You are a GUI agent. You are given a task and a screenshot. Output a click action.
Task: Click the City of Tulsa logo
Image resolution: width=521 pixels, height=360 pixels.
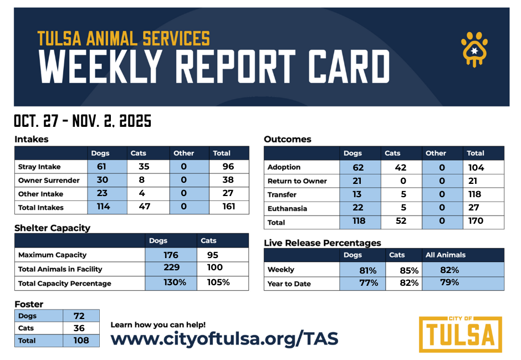pos(460,334)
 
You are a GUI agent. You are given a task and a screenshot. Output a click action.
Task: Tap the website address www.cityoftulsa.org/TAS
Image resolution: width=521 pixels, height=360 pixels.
pos(224,338)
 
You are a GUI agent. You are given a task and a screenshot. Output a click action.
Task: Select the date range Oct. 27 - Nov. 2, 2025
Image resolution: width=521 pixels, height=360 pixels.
pos(83,121)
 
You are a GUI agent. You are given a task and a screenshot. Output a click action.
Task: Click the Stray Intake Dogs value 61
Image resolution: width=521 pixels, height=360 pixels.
pos(101,166)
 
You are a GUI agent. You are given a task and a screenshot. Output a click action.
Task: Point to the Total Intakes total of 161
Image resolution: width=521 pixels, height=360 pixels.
pos(229,207)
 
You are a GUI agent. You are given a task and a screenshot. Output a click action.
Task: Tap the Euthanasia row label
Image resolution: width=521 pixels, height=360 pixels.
pos(287,209)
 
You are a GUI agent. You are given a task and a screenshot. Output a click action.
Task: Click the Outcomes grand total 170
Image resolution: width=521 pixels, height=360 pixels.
pos(476,221)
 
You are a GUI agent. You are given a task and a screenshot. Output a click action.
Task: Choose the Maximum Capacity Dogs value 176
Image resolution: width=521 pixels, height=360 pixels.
pos(171,255)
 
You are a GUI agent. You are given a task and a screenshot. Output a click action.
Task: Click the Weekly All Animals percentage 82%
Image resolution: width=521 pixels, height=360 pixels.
pos(450,270)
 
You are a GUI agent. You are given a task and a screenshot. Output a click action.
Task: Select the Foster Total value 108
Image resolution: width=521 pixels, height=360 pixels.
pos(81,340)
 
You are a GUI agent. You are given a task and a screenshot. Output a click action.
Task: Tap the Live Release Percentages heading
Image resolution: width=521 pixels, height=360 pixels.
pos(322,243)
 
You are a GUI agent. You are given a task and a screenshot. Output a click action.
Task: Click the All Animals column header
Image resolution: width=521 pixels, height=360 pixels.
pos(446,255)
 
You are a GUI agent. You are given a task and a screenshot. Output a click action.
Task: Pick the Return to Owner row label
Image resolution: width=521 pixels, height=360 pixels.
pos(297,181)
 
